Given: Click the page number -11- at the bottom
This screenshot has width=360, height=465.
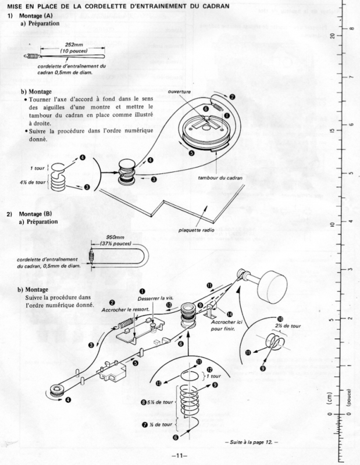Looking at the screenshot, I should (x=180, y=455).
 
